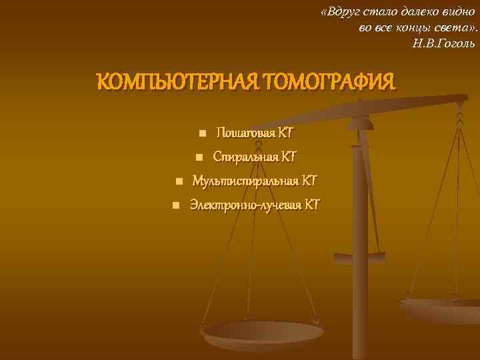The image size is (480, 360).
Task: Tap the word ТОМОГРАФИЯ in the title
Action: (x=329, y=83)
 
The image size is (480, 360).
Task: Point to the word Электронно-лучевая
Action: (x=245, y=204)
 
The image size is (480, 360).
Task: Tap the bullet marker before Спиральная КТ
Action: (x=199, y=157)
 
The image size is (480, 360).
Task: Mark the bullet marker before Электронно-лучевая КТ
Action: (x=175, y=205)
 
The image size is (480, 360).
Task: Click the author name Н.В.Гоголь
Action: (x=444, y=43)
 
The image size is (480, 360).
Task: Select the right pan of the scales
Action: (x=443, y=308)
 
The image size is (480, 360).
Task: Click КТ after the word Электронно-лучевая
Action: (x=312, y=204)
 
